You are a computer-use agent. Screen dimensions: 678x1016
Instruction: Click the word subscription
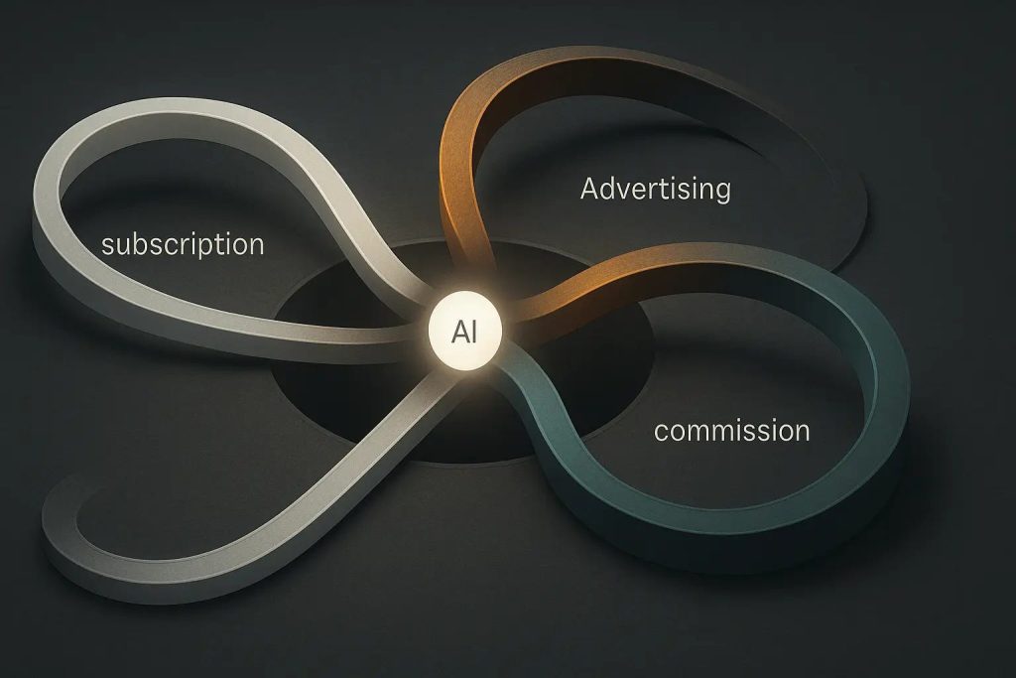point(183,243)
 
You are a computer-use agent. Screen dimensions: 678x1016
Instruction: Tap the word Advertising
point(655,189)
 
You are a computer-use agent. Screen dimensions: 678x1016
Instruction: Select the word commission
point(732,431)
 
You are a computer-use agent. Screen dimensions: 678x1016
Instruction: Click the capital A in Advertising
point(589,188)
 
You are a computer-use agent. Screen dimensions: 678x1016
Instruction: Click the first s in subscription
point(108,244)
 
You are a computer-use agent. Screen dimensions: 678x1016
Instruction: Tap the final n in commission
point(802,432)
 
